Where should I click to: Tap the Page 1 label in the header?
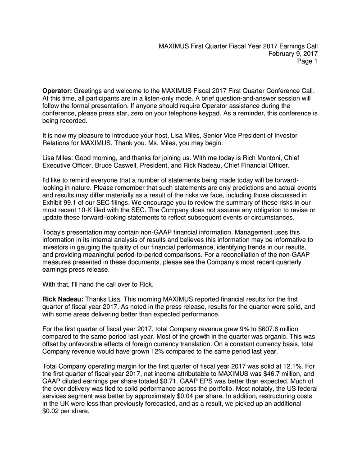pos(307,62)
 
